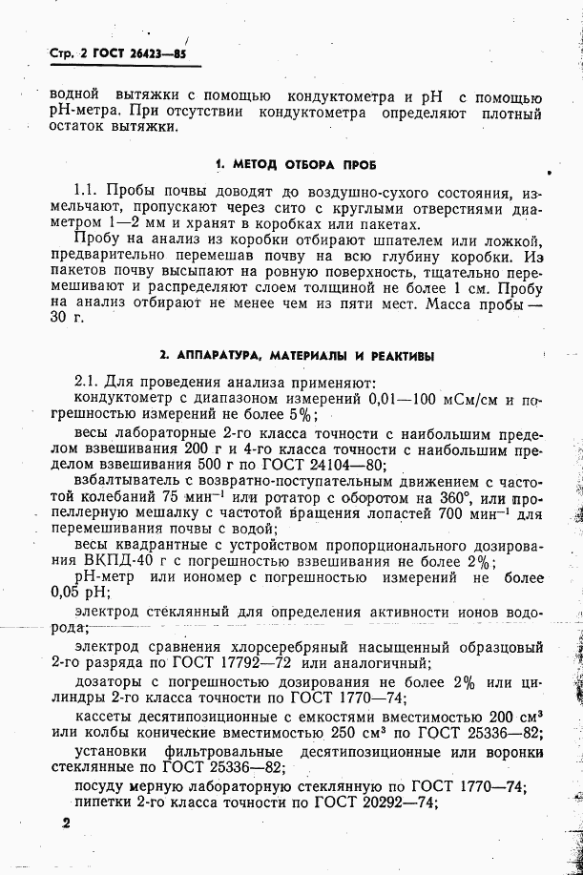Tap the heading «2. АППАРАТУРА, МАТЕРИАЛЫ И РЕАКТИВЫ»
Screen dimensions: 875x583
pos(297,355)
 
